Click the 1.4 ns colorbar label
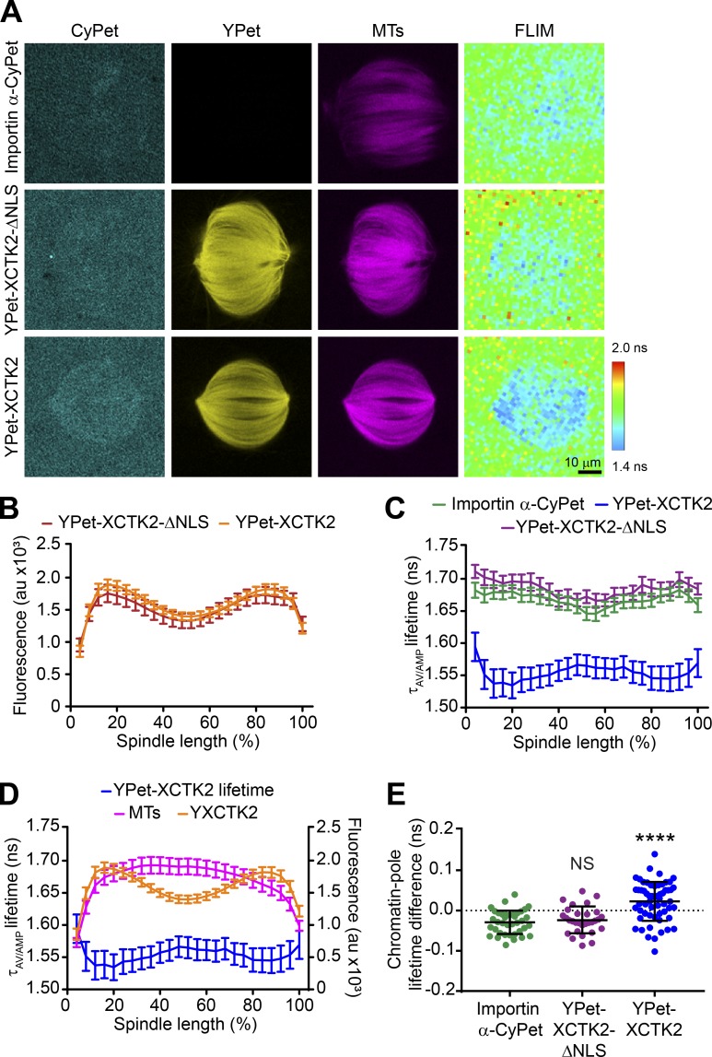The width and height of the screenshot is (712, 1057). (632, 453)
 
